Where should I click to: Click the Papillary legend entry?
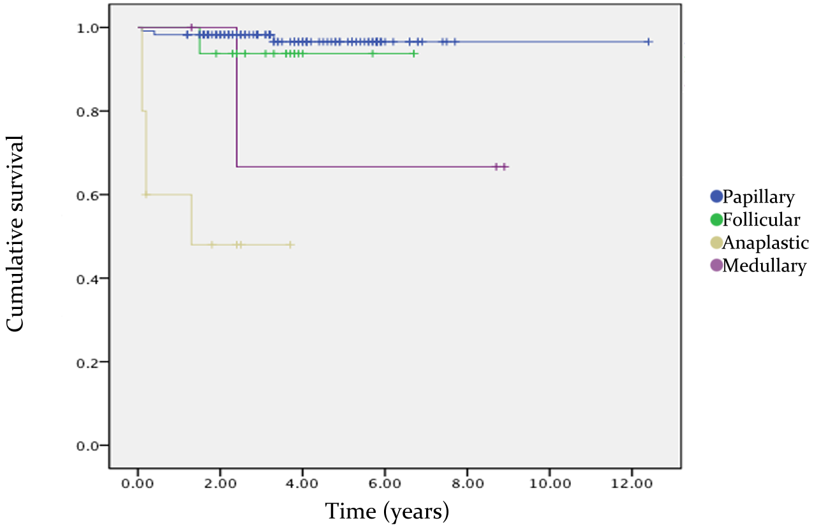point(753,198)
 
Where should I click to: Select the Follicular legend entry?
point(755,220)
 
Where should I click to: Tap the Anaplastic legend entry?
point(759,243)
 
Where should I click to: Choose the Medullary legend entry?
point(758,266)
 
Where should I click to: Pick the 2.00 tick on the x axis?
point(220,484)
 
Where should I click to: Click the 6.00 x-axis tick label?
point(385,484)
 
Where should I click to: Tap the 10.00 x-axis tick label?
point(549,484)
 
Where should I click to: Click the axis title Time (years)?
point(387,510)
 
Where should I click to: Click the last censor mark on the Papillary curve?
point(648,41)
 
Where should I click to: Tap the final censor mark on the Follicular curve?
point(414,54)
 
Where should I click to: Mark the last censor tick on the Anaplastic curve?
point(290,245)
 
